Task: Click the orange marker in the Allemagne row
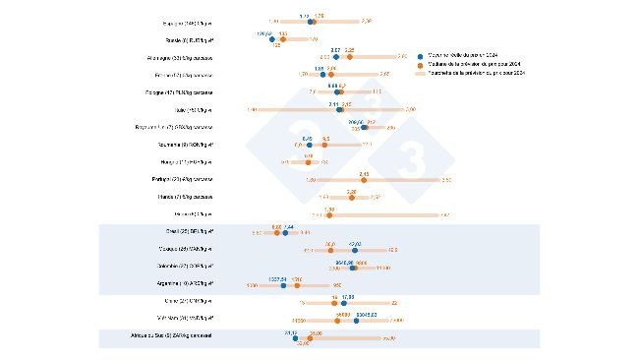click(x=349, y=56)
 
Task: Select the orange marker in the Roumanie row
click(x=325, y=145)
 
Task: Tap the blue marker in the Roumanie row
click(x=308, y=145)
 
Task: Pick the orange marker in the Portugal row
click(x=364, y=180)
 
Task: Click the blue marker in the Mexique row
click(x=355, y=250)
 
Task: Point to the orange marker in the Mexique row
click(x=330, y=250)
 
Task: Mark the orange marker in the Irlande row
click(x=351, y=198)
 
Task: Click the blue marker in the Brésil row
click(x=285, y=232)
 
